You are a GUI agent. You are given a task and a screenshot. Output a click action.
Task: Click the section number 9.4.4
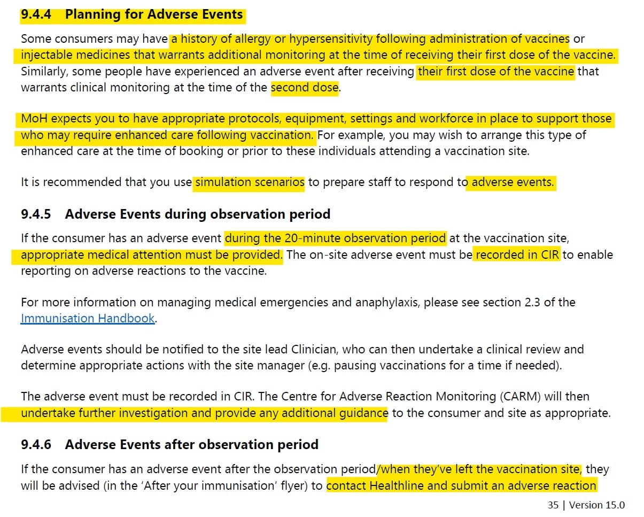click(x=36, y=14)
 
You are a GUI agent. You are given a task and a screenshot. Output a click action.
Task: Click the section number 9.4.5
click(x=36, y=214)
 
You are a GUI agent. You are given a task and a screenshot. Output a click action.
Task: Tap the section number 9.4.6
click(x=36, y=444)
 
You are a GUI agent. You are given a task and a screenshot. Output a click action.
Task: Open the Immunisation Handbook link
click(x=88, y=319)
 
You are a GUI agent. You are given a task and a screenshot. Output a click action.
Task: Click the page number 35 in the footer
click(x=553, y=505)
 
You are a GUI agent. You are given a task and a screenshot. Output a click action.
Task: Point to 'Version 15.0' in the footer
click(x=597, y=505)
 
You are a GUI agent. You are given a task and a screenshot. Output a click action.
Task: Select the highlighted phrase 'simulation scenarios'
click(x=250, y=182)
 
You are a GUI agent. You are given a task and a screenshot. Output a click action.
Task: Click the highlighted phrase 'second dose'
click(x=305, y=87)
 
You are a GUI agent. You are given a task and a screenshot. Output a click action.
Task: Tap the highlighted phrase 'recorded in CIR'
click(x=517, y=254)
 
